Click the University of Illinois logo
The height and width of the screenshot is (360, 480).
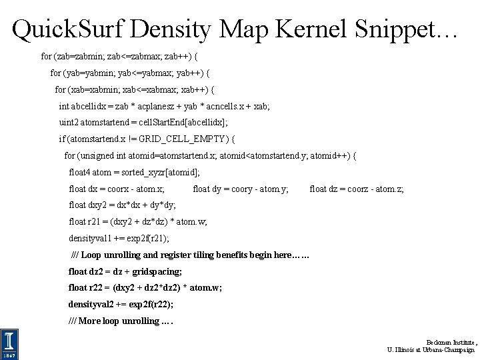coord(9,343)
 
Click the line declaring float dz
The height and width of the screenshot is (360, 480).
coord(356,189)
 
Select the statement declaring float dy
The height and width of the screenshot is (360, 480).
coord(240,189)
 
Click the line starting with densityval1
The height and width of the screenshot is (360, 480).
coord(119,238)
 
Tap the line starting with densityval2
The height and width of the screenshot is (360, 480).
coord(121,304)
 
